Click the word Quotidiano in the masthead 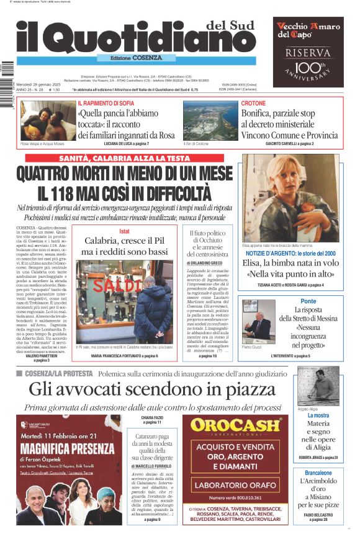point(149,42)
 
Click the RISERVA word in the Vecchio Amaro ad point(308,53)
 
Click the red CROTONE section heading point(253,103)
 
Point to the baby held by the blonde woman point(271,211)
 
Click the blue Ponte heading point(308,301)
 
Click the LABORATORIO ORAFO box point(235,485)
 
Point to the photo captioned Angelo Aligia point(318,385)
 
